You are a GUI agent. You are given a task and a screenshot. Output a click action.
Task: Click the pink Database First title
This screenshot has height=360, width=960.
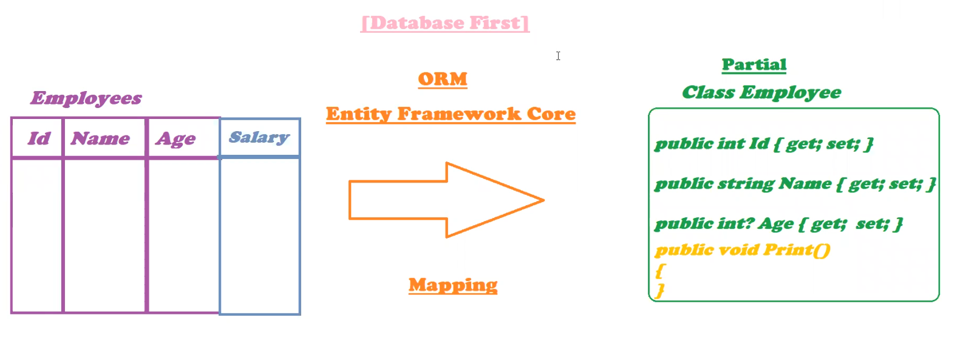(x=445, y=23)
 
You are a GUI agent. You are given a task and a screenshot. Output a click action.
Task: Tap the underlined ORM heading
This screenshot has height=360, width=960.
(x=443, y=79)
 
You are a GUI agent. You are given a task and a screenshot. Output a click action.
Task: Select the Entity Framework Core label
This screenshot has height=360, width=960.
(x=451, y=114)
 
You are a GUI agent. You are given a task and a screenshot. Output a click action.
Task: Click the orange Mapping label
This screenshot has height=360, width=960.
(x=453, y=285)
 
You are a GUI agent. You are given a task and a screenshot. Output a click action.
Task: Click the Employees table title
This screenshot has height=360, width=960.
(x=86, y=98)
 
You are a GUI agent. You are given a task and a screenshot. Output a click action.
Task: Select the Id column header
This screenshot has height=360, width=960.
(x=38, y=138)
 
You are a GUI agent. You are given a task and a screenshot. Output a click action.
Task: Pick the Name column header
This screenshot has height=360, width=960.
(x=100, y=138)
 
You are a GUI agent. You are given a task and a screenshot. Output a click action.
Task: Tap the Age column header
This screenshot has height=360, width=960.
(x=176, y=139)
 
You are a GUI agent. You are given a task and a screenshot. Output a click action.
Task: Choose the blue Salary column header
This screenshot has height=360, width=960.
(x=259, y=137)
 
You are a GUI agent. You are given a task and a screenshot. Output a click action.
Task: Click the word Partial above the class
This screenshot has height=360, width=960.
(x=754, y=64)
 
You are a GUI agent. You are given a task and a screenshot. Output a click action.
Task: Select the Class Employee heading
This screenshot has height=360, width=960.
(x=761, y=92)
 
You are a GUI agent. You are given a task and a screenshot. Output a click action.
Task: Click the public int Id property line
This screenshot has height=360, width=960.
(x=764, y=144)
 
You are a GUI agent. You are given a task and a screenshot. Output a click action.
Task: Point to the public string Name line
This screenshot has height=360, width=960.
(x=795, y=183)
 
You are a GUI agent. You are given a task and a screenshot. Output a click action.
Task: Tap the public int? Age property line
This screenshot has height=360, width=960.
(x=778, y=224)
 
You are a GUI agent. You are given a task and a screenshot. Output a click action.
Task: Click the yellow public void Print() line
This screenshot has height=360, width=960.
(x=742, y=250)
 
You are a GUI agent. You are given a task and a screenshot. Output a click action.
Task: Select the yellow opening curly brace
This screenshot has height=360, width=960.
(x=660, y=270)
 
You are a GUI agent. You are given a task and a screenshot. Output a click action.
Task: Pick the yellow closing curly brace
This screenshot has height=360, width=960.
(x=660, y=290)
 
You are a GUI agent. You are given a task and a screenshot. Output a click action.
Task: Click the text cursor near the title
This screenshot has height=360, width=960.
(x=558, y=56)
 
